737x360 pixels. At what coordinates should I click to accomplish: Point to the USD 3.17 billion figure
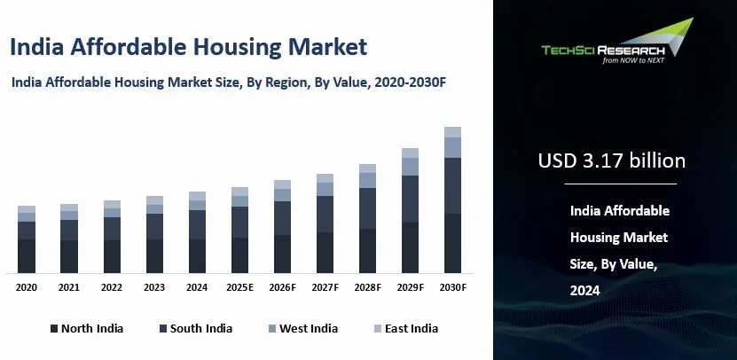click(x=612, y=160)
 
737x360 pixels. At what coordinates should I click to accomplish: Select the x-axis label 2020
click(x=27, y=287)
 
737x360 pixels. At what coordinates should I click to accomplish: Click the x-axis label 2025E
click(x=239, y=287)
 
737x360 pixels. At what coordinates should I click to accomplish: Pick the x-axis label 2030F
click(x=452, y=287)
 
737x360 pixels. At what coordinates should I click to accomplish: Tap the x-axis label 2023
click(x=154, y=287)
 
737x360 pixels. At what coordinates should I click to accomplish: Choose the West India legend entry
click(x=301, y=328)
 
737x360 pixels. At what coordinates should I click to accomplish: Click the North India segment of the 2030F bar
click(x=452, y=243)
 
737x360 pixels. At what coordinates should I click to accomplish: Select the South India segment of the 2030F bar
click(x=452, y=185)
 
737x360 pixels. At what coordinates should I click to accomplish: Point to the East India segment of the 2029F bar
click(x=410, y=153)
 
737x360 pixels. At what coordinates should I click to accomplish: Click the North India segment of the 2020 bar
click(x=27, y=255)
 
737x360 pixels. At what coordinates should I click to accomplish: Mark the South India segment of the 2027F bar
click(x=325, y=214)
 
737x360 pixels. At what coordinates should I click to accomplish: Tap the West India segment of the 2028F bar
click(x=367, y=180)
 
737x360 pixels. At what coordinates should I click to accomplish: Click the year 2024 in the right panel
click(x=585, y=290)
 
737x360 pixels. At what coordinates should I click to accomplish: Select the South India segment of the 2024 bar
click(x=197, y=224)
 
